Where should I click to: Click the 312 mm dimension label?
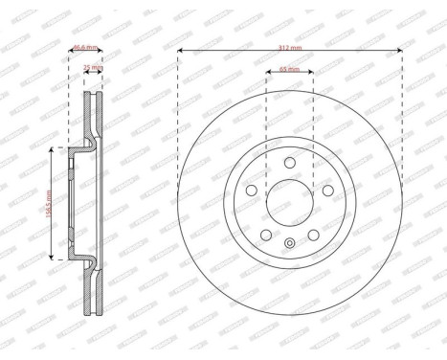290,46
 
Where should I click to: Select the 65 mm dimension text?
290,70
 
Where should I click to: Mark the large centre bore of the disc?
290,203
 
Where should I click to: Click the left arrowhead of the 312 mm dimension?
181,51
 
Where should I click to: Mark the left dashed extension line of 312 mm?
178,115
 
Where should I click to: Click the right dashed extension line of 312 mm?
402,115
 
